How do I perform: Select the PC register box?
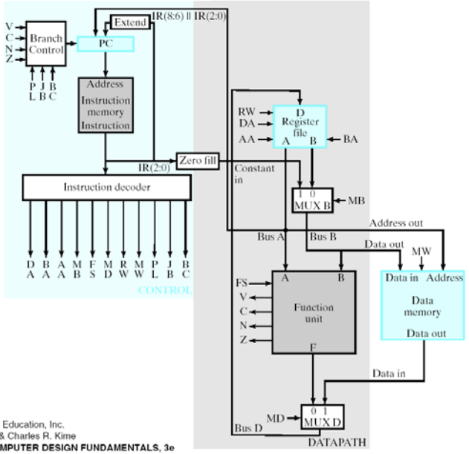(105, 44)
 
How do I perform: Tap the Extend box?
(130, 23)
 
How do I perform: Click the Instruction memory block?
(105, 105)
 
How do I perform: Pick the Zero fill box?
(195, 159)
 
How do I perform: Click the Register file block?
(299, 124)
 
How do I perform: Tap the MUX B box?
(311, 200)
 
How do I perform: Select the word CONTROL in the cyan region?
(164, 290)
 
